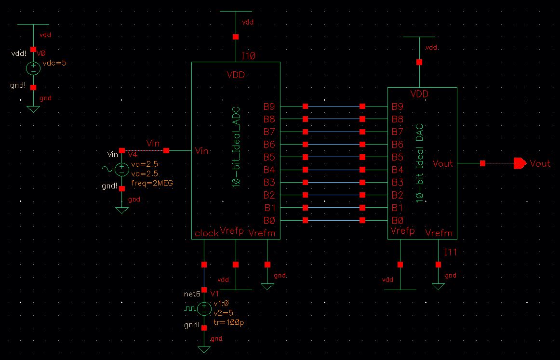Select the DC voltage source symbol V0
33,68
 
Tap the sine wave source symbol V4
121,169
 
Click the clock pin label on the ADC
206,234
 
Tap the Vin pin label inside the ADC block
201,151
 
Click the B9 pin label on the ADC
269,107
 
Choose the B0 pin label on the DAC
398,221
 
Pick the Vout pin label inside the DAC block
442,164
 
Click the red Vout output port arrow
520,164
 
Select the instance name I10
249,56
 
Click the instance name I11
450,252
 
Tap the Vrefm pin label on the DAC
439,233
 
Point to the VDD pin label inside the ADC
236,75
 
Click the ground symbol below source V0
33,108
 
